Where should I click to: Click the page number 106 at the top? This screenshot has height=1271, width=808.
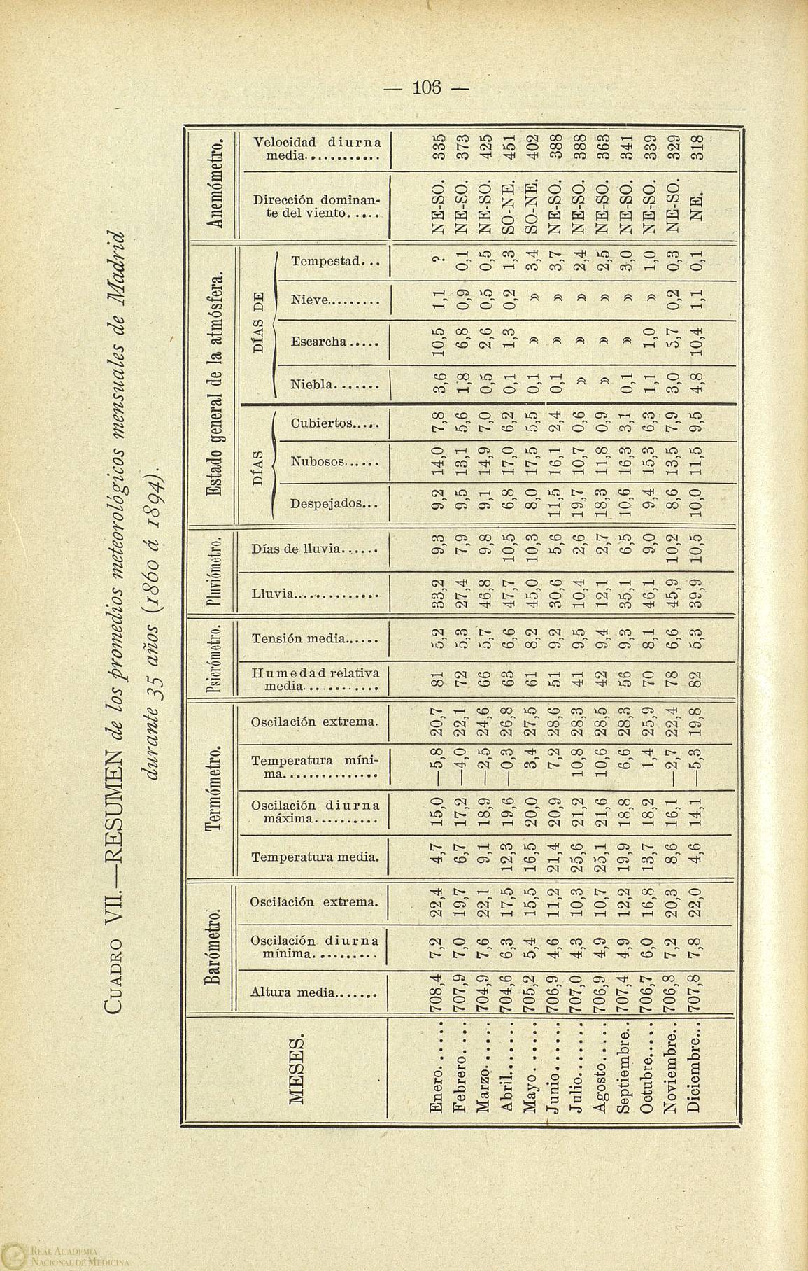click(428, 88)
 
